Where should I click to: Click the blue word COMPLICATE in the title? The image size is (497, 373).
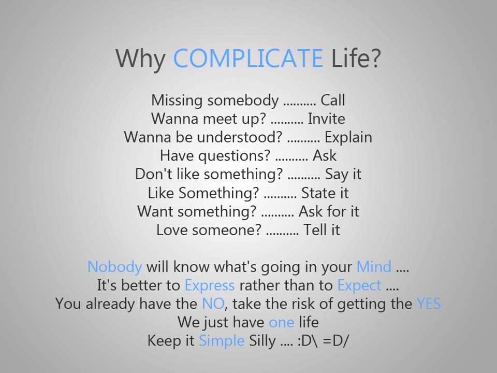click(247, 58)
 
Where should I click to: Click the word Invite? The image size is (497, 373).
click(326, 119)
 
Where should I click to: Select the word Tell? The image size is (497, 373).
click(314, 230)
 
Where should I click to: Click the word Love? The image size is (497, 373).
click(171, 230)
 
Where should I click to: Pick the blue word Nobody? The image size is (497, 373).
click(114, 267)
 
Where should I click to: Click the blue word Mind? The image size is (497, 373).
click(374, 267)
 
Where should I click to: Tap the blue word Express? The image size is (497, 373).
click(209, 285)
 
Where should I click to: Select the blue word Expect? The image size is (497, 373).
click(359, 286)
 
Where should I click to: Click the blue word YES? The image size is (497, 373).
click(429, 304)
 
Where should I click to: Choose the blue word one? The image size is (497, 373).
click(281, 322)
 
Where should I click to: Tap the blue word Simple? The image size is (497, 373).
click(222, 341)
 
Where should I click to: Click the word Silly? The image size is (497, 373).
click(262, 341)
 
